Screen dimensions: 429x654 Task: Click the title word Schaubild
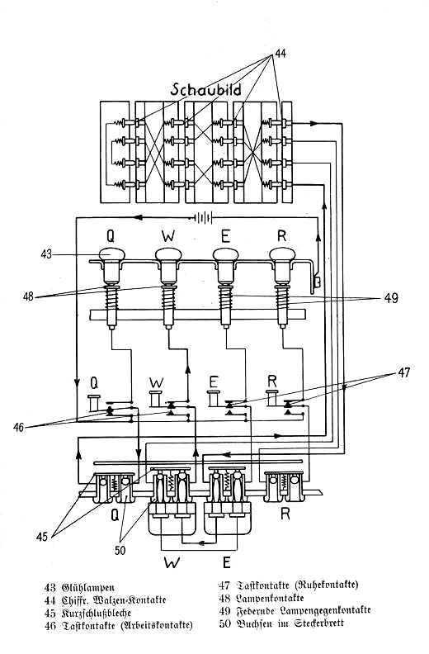tap(205, 90)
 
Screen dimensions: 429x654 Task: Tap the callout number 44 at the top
tap(280, 54)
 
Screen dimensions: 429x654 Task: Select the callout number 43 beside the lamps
tap(47, 254)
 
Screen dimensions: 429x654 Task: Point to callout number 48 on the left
tap(29, 297)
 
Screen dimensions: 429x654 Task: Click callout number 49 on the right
tap(392, 298)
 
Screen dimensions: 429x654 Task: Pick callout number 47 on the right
tap(404, 372)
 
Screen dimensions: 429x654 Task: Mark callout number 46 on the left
tap(18, 427)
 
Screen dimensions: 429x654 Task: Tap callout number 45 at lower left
tap(42, 537)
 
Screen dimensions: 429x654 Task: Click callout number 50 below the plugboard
tap(120, 551)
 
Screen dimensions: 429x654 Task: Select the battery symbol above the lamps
tap(203, 217)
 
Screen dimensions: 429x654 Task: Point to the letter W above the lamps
tap(168, 236)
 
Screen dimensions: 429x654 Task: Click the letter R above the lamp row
tap(282, 235)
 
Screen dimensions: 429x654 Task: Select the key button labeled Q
tap(94, 403)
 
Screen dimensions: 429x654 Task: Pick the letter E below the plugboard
tap(226, 562)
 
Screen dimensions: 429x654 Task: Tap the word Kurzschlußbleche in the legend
tap(97, 613)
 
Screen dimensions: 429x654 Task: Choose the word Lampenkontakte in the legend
tap(270, 598)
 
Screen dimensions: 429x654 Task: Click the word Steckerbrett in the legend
tap(319, 623)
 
